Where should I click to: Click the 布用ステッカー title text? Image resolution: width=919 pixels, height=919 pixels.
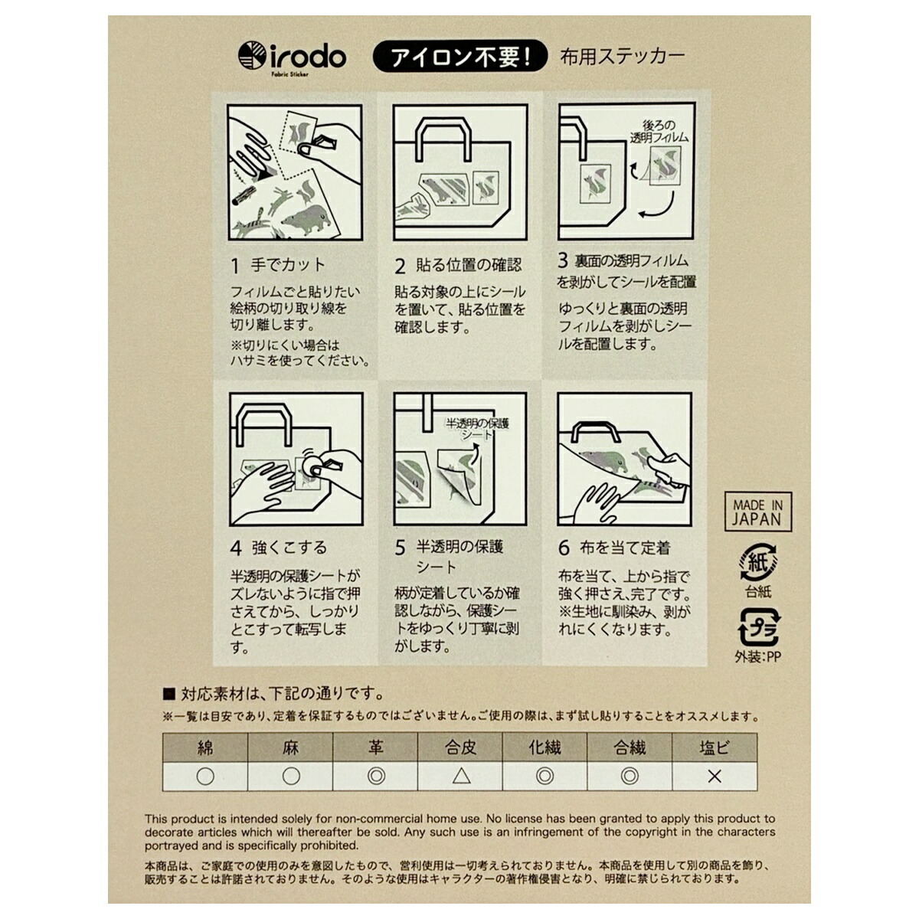622,57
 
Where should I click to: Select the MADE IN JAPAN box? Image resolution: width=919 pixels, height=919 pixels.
758,512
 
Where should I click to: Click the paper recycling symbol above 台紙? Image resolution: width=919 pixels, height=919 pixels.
758,563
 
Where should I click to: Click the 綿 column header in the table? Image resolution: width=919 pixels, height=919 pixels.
205,748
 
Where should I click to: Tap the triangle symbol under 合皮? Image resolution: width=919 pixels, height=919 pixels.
461,777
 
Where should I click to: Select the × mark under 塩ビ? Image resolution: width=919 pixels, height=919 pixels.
715,777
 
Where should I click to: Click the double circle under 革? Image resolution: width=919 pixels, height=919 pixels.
376,777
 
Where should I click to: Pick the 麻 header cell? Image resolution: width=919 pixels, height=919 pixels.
290,748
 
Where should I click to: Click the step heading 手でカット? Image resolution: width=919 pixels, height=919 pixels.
288,265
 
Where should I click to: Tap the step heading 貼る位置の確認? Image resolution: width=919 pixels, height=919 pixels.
469,265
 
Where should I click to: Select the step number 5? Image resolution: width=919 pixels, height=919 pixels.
400,548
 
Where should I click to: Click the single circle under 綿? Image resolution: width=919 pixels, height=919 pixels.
205,777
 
